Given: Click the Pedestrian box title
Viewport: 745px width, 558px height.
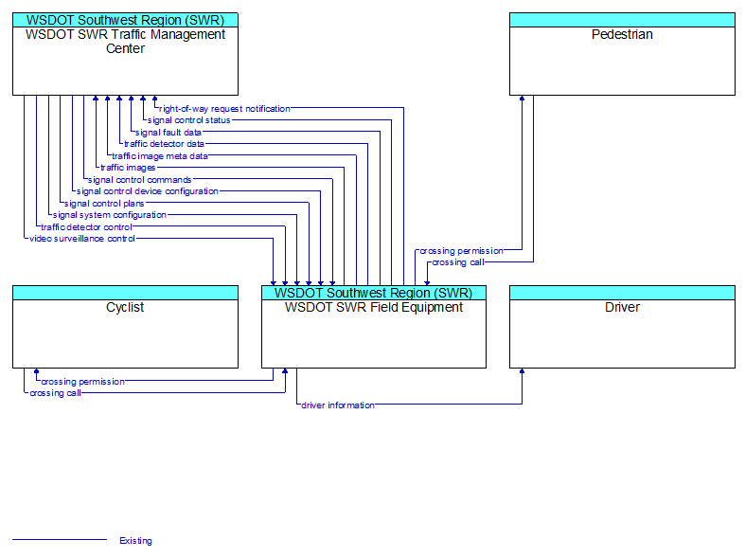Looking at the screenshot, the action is coord(622,34).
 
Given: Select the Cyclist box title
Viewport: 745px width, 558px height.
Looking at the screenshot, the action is coord(125,307).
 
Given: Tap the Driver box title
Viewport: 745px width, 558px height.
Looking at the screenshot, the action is coord(622,307).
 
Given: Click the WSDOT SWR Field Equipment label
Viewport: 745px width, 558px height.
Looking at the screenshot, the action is coord(374,307).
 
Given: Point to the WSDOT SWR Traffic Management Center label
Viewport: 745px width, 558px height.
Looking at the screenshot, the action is coord(126,42).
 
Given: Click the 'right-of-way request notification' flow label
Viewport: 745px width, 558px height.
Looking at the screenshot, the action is coord(224,109).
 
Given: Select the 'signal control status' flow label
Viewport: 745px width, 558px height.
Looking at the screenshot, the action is coord(188,120).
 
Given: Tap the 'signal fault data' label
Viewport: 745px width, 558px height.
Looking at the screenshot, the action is coord(169,132).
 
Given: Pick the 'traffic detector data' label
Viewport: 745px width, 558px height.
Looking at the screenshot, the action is coord(164,144).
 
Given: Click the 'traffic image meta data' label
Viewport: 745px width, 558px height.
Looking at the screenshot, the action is coord(160,156).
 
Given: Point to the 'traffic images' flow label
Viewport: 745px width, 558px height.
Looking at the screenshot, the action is coord(128,168).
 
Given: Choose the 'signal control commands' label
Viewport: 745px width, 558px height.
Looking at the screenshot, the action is coord(140,180).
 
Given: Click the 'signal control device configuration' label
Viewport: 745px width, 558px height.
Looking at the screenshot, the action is coord(148,191).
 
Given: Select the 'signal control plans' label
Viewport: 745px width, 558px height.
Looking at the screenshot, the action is coord(104,204).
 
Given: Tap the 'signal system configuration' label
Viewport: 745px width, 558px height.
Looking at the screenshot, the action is coord(109,215).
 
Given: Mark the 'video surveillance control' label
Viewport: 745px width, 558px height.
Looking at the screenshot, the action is coord(82,239).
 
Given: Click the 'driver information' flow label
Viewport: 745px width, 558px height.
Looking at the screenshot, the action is coord(338,405).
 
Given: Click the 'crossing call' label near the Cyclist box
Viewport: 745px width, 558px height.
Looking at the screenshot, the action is coord(55,393).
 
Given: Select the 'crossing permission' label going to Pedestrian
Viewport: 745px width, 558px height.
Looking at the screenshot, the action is coord(461,251).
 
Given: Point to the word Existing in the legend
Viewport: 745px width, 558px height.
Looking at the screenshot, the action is coord(136,540).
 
